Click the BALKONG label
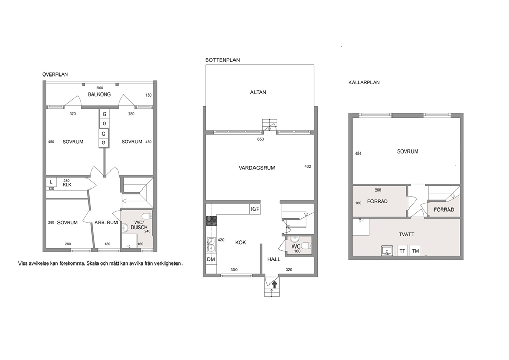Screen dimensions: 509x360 [x=100, y=94]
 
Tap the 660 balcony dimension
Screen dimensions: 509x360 [x=100, y=88]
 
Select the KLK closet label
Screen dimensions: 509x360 [x=67, y=185]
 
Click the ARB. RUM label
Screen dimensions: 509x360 [x=106, y=222]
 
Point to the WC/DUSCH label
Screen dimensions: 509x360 [x=139, y=225]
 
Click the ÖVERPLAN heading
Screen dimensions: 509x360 [x=55, y=74]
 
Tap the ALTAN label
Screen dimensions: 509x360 [x=258, y=92]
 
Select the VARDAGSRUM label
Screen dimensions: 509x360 [x=257, y=168]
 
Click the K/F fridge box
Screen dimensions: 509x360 [x=255, y=209]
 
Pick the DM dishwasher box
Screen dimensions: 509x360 [x=211, y=259]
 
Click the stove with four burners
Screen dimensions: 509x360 [x=211, y=221]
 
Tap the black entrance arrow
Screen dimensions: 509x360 [x=275, y=285]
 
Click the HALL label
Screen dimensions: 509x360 [x=273, y=259]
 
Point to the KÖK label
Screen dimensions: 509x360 [x=241, y=243]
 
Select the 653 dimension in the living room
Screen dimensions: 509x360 [x=260, y=139]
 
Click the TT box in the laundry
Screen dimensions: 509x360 [x=402, y=251]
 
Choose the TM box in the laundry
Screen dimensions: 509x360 [x=416, y=251]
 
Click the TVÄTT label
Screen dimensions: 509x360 [x=406, y=234]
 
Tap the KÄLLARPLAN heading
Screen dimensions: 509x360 [x=364, y=83]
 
